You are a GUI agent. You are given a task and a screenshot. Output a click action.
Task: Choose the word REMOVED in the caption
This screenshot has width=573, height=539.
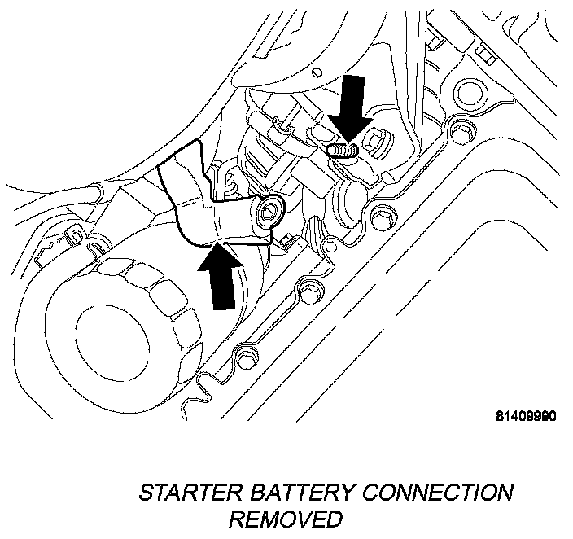click(285, 519)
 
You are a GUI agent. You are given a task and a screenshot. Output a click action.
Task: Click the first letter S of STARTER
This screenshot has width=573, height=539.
click(147, 493)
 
